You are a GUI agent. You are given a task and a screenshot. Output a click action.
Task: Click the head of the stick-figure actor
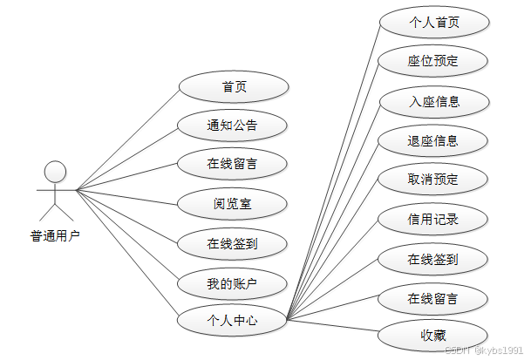coord(56,171)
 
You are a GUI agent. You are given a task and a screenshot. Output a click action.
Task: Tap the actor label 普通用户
coord(55,234)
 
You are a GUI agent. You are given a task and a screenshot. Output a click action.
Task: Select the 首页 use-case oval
coord(233,86)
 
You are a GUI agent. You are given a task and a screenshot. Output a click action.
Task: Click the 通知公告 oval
coord(233,126)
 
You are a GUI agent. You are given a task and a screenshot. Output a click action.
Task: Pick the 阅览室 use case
coord(233,205)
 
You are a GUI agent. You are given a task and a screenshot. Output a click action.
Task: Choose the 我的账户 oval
coord(233,283)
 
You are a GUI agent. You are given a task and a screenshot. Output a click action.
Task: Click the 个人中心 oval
coord(233,321)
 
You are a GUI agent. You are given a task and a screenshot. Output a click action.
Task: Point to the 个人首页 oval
coord(433,22)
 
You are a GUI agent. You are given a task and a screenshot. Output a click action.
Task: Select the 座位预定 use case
coord(433,61)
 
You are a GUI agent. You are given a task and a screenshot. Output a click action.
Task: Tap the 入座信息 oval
coord(433,101)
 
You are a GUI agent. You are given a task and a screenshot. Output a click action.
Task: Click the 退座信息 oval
coord(433,140)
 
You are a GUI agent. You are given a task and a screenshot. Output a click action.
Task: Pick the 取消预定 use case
coord(433,180)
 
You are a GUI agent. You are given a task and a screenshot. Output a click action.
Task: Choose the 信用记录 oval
coord(433,219)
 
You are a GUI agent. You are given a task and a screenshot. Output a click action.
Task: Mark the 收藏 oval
coord(433,335)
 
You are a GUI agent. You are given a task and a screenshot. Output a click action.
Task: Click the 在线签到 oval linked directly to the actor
coord(233,244)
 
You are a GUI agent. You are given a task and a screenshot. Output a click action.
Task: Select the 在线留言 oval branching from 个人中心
coord(433,298)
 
